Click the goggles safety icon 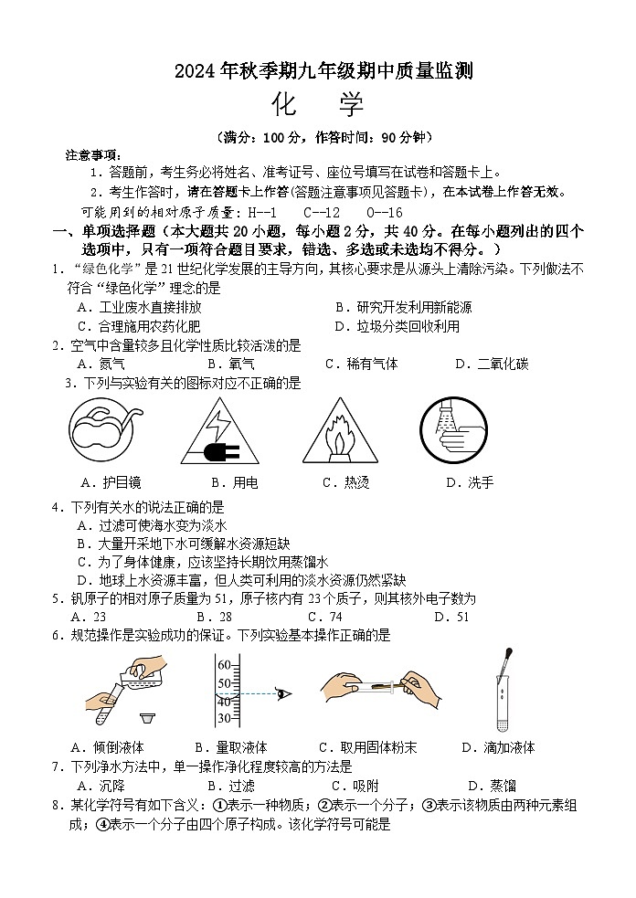tap(106, 430)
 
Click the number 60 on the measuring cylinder tap(224, 665)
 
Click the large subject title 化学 tap(317, 105)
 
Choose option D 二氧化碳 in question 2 tap(491, 364)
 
